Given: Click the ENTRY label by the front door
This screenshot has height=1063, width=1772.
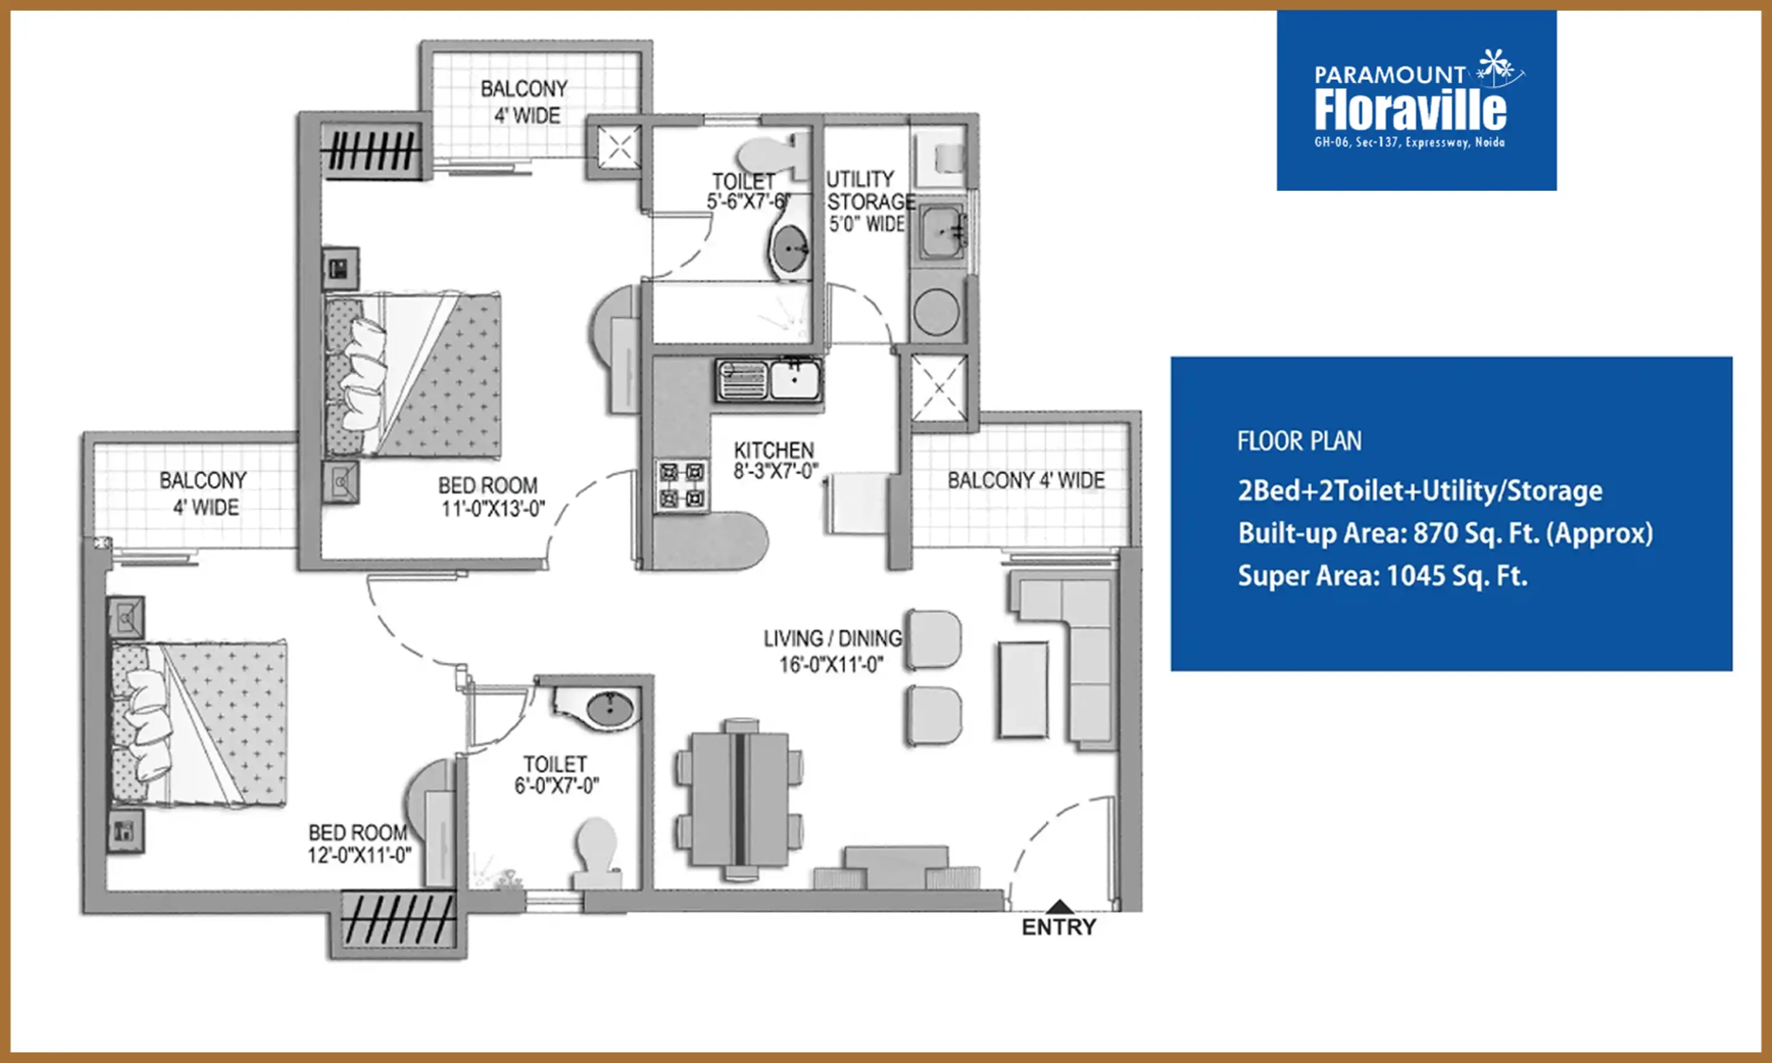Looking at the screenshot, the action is point(1058,927).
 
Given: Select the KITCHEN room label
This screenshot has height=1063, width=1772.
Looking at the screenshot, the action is point(774,451).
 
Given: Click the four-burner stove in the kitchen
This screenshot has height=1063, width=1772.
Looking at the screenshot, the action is point(682,485).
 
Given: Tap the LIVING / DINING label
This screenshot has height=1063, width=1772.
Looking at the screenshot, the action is point(832,638).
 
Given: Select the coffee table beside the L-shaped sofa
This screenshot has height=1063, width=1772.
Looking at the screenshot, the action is point(1023,689).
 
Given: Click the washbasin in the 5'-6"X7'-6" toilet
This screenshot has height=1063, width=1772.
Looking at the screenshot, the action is point(789,248).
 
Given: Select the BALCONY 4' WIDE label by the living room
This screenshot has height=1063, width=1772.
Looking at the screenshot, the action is point(1025,480).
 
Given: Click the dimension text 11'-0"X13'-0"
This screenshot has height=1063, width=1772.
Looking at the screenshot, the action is point(493,509).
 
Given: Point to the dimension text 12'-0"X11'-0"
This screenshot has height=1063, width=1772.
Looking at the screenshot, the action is point(360,855).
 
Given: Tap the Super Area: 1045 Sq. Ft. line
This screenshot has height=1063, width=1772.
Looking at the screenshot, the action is point(1382,576).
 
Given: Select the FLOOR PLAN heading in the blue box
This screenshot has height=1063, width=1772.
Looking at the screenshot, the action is point(1299,441).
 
